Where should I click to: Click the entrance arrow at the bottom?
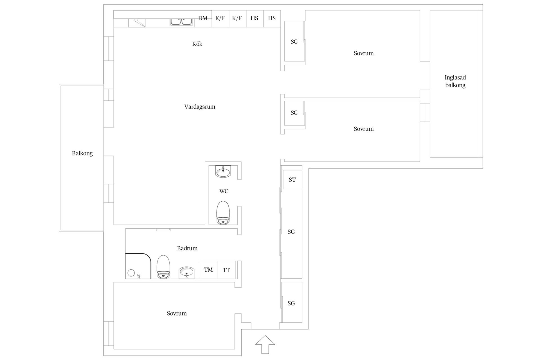coord(265,344)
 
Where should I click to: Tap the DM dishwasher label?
coord(203,18)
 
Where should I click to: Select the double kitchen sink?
coord(182,22)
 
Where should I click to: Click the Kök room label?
coord(197,44)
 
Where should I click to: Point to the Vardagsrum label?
coord(200,107)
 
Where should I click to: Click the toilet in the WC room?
coord(223,213)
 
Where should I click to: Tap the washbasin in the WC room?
coord(223,172)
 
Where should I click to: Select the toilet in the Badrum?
coord(164,267)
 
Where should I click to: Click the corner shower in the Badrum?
coord(138,266)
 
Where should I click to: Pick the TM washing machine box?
coord(209,270)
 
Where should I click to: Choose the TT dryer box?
coord(227,270)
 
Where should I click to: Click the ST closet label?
coord(292,180)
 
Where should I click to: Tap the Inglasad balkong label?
coord(455,81)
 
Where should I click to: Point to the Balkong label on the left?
coord(82,153)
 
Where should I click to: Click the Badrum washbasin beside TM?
coord(186,273)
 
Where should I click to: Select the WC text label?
coord(224,191)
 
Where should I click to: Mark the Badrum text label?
coord(187,248)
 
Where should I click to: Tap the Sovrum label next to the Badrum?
coord(177,313)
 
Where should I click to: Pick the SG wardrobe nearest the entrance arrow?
coord(292,302)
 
